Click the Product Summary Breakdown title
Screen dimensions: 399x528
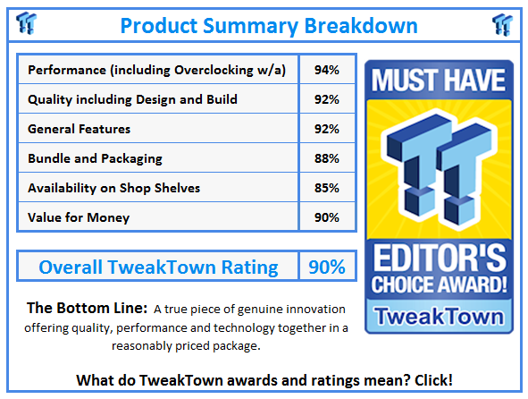tap(264, 24)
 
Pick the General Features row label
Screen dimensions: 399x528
tap(80, 129)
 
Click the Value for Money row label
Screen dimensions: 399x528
tap(79, 217)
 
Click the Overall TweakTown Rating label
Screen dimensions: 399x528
tap(158, 267)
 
